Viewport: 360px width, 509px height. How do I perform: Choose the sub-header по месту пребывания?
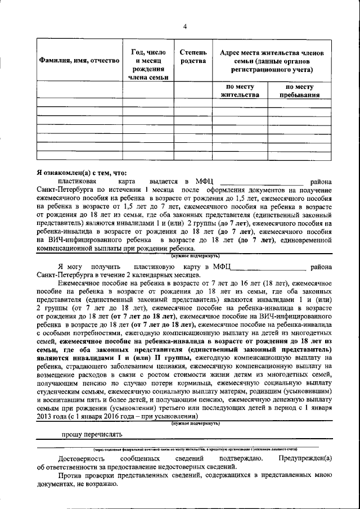299,91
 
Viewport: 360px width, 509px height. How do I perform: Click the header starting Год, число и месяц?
148,64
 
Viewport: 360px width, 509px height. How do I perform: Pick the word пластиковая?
77,181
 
